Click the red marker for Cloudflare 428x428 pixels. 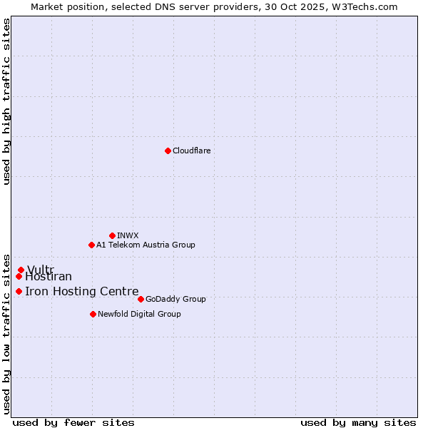click(x=168, y=151)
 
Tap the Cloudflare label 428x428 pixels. click(x=191, y=151)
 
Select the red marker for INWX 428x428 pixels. click(x=112, y=235)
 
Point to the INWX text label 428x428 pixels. click(x=128, y=235)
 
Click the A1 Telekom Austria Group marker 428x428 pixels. click(x=91, y=245)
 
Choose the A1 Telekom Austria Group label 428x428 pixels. click(x=146, y=245)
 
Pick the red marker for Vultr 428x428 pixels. click(x=21, y=270)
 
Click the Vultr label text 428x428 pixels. click(x=40, y=270)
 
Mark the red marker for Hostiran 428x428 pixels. click(x=19, y=276)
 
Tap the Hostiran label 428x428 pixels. click(x=49, y=277)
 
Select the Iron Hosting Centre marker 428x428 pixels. click(x=19, y=291)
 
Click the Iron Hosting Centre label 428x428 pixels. click(x=81, y=291)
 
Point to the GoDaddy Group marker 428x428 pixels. click(x=141, y=299)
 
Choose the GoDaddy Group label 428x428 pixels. click(x=175, y=299)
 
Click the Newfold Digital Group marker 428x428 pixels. click(x=93, y=314)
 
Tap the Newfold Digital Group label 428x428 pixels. click(x=139, y=314)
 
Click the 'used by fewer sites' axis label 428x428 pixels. click(x=73, y=422)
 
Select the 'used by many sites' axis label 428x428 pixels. click(x=358, y=422)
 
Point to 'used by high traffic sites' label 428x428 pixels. click(x=7, y=101)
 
